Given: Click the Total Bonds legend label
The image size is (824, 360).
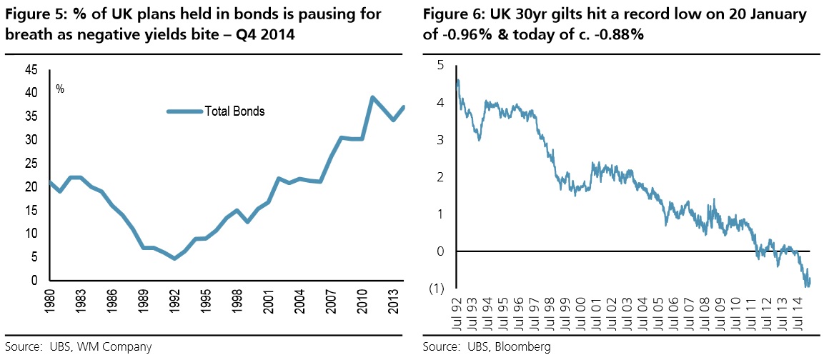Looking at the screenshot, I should tap(234, 111).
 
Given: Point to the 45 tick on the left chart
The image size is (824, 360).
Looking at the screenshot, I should tap(32, 69).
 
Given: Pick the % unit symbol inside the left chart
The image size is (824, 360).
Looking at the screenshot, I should tap(61, 89).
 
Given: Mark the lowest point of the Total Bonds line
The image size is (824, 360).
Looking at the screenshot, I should tap(174, 258).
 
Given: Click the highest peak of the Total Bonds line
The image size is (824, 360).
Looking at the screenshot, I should tap(372, 97).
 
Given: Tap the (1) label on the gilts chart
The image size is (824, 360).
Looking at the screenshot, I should tap(436, 289).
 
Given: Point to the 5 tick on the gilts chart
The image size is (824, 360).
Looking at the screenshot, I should tap(441, 66).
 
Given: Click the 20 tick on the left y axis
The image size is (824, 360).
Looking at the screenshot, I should tap(32, 187).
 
